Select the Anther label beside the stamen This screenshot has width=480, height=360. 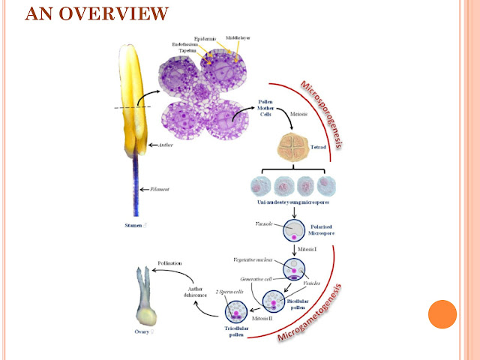coord(164,145)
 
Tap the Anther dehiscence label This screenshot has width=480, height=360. coord(190,292)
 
